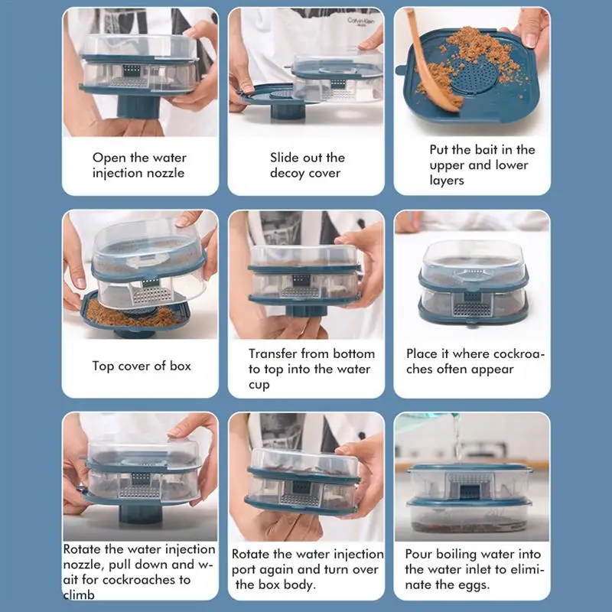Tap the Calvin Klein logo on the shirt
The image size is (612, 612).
click(x=360, y=21)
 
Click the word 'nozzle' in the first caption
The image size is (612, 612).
click(x=166, y=173)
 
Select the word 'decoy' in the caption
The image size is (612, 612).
click(x=287, y=174)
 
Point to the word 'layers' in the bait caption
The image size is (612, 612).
click(x=447, y=180)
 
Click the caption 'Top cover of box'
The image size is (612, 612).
click(x=142, y=366)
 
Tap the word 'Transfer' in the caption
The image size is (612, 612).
click(x=273, y=353)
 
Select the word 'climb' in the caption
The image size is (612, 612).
click(x=79, y=595)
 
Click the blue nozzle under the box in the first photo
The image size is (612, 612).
click(x=138, y=106)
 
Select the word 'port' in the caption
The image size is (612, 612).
click(x=244, y=570)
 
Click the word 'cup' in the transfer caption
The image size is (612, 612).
click(x=259, y=386)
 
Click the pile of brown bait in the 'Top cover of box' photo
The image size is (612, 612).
click(x=129, y=315)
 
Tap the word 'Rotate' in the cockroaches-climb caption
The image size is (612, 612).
click(x=82, y=549)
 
